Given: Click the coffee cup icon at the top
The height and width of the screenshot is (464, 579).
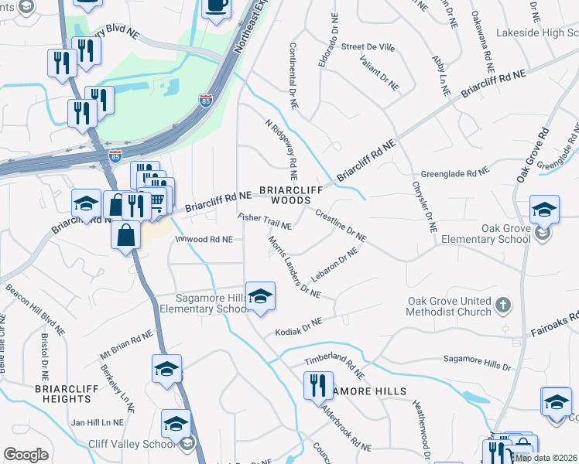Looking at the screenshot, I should (216, 7).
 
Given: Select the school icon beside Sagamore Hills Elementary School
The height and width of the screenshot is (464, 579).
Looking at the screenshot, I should (261, 296).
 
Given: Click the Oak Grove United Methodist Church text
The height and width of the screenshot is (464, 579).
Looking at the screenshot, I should (450, 306).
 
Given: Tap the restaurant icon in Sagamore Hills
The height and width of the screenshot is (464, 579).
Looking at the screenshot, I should (317, 385).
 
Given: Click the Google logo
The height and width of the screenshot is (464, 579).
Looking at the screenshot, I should (26, 455).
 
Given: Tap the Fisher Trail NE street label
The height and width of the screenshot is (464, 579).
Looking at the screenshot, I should (265, 222).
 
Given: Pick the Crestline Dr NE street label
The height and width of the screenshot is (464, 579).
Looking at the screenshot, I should (340, 225).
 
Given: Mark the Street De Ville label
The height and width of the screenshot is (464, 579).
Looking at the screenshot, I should (368, 47).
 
